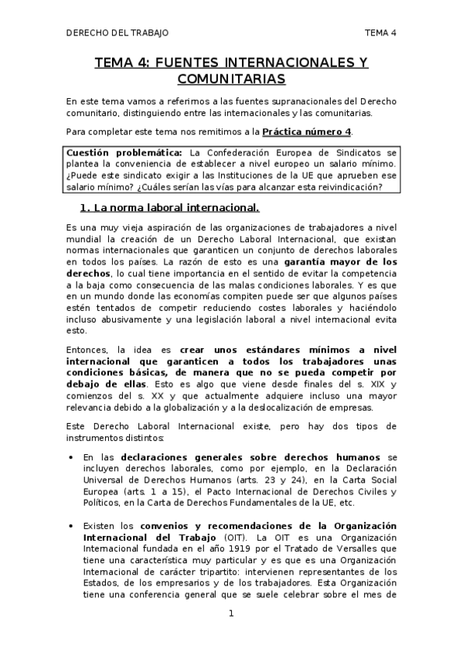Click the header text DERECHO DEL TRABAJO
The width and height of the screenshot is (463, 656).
117,32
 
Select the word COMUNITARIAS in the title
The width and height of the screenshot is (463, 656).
231,79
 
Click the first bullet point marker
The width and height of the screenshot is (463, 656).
72,458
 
